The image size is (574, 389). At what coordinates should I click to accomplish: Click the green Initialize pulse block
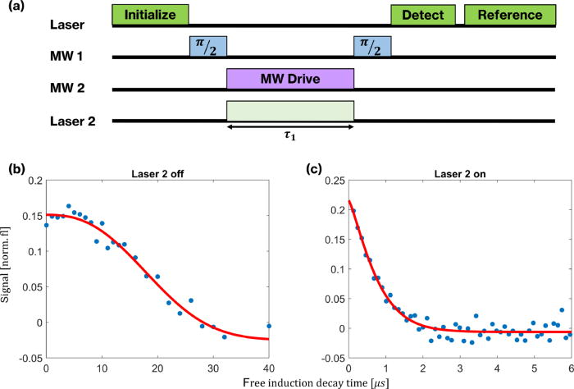(150, 15)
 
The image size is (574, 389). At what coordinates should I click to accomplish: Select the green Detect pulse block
(422, 15)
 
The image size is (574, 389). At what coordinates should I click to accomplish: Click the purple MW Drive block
(290, 79)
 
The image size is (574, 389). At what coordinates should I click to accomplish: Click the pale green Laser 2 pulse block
(290, 112)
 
